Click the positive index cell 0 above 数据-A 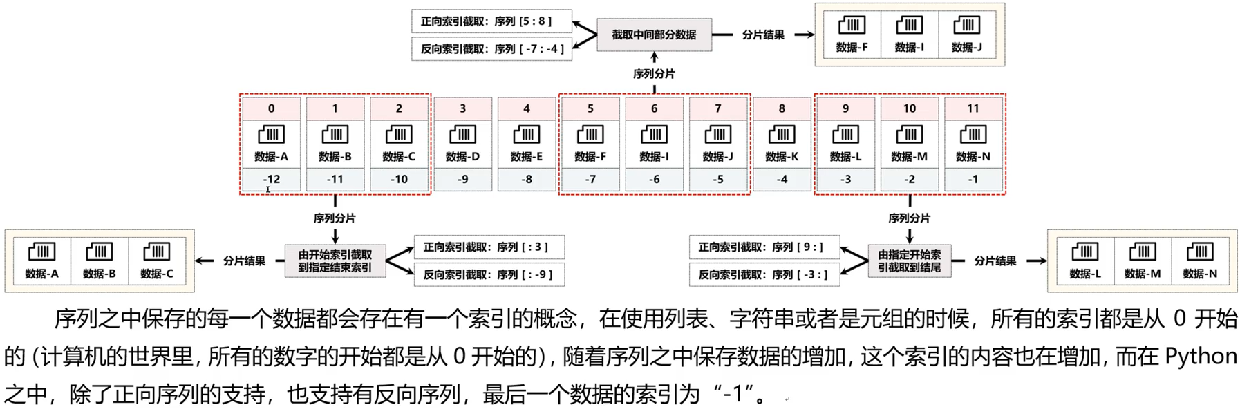click(x=271, y=108)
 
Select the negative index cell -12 click(x=271, y=180)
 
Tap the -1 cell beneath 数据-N click(x=973, y=180)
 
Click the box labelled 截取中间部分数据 click(x=654, y=35)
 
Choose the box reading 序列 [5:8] click(x=491, y=21)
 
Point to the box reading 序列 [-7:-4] click(x=491, y=49)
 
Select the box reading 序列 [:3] click(x=489, y=247)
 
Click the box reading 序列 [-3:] click(x=764, y=274)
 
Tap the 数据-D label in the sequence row click(x=462, y=157)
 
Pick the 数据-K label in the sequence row click(x=782, y=157)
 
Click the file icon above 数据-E click(x=527, y=134)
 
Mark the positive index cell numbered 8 click(x=782, y=108)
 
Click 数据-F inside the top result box click(x=852, y=47)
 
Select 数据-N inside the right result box click(x=1200, y=274)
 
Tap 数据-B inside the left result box click(x=100, y=274)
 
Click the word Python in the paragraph click(x=1201, y=357)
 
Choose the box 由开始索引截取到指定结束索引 click(x=335, y=261)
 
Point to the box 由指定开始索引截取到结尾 click(x=909, y=261)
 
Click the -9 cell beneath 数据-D click(x=462, y=180)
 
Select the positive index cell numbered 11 click(x=973, y=108)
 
